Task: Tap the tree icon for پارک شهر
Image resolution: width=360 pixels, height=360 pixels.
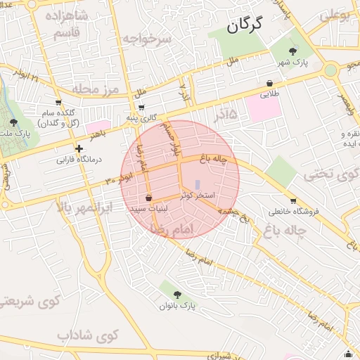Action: [293, 51]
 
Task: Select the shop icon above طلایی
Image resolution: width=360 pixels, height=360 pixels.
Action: [271, 82]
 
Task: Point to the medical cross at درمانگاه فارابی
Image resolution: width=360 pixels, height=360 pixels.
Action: [79, 149]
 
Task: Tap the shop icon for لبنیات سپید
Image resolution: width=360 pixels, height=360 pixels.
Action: [148, 200]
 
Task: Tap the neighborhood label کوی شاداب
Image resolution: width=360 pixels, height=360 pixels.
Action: [88, 335]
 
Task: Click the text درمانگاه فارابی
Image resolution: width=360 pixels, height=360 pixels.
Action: [79, 160]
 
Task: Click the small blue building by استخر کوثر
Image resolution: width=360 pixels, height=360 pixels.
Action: [197, 185]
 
